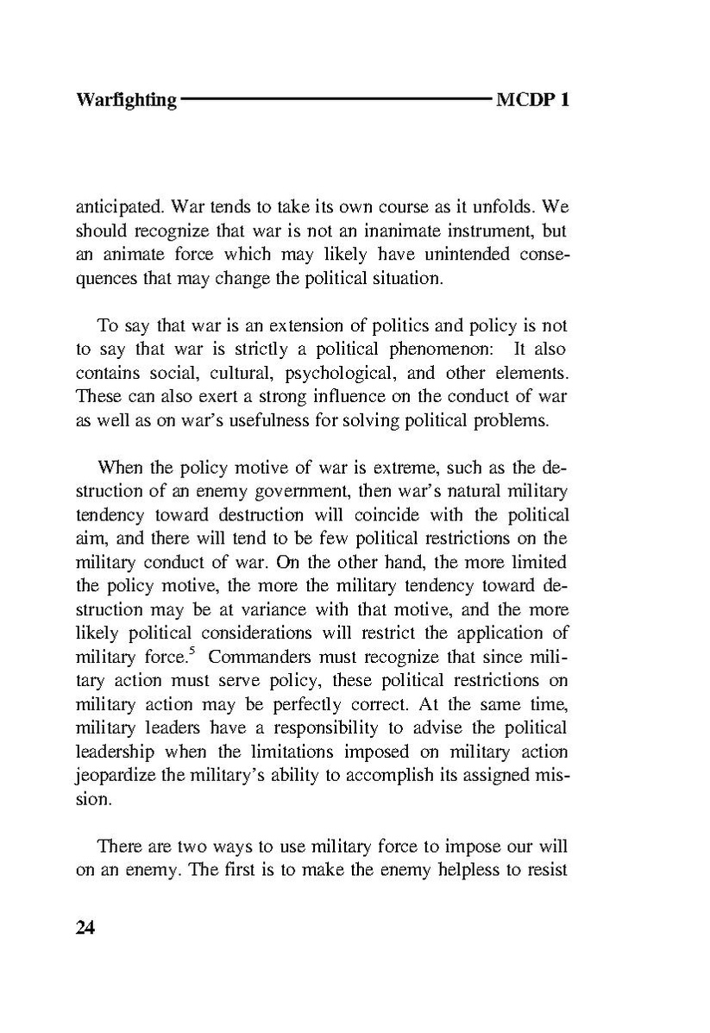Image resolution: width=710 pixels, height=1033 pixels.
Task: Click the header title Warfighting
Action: click(x=126, y=100)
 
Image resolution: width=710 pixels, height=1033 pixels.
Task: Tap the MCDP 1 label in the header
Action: click(x=533, y=100)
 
